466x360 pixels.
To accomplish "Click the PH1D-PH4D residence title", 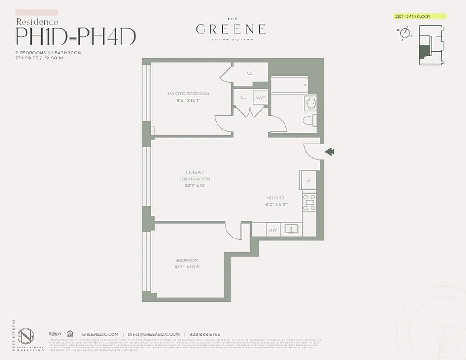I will [76, 37].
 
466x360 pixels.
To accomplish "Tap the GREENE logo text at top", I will [231, 30].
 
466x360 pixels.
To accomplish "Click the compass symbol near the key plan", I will [405, 34].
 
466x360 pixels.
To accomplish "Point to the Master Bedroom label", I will [188, 94].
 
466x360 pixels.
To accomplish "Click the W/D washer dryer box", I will [261, 97].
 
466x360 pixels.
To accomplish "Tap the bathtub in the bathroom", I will [289, 85].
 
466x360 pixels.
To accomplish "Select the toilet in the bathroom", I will [310, 121].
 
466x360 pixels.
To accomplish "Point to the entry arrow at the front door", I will [329, 152].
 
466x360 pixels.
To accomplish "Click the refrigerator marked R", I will [308, 180].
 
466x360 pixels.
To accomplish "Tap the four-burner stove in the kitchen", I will [309, 202].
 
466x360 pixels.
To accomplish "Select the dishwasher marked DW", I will [273, 230].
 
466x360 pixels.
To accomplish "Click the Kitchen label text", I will [276, 198].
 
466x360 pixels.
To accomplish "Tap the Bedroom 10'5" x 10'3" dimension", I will [188, 266].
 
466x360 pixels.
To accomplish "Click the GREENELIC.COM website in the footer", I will [100, 334].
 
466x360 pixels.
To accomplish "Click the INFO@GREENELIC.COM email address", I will [154, 334].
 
